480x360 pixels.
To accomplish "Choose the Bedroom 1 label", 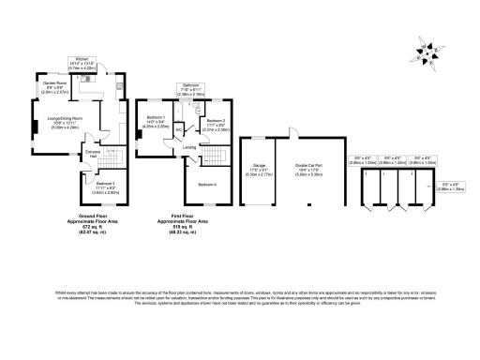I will pos(156,117).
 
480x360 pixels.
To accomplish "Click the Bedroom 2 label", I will pos(215,121).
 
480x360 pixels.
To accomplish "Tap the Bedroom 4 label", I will pos(207,183).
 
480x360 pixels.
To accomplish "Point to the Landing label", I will pos(189,147).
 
